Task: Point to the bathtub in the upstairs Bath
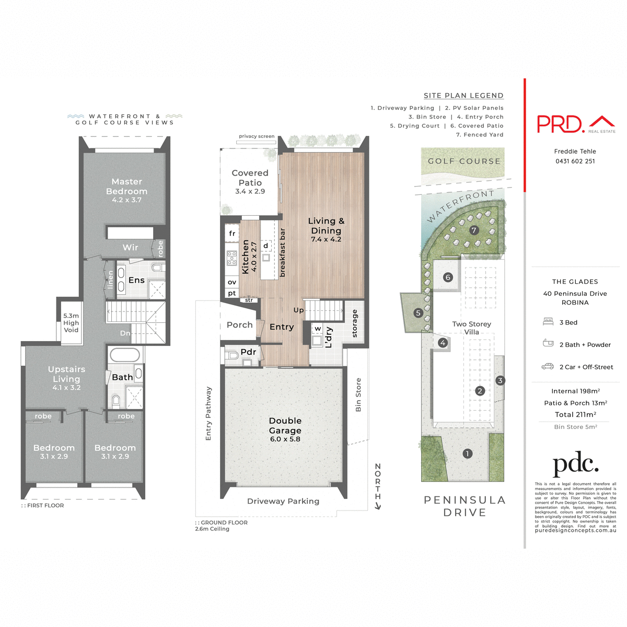[124, 355]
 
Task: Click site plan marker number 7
[474, 230]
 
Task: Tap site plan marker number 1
[467, 454]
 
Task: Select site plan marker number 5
[418, 313]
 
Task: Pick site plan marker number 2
[480, 390]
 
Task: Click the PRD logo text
[560, 124]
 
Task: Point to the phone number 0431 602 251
[575, 161]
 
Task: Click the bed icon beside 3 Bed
[548, 322]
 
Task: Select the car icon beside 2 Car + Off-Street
[548, 367]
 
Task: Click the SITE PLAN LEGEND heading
[463, 96]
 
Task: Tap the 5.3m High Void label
[71, 323]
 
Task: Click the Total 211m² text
[575, 414]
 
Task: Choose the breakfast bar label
[283, 252]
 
